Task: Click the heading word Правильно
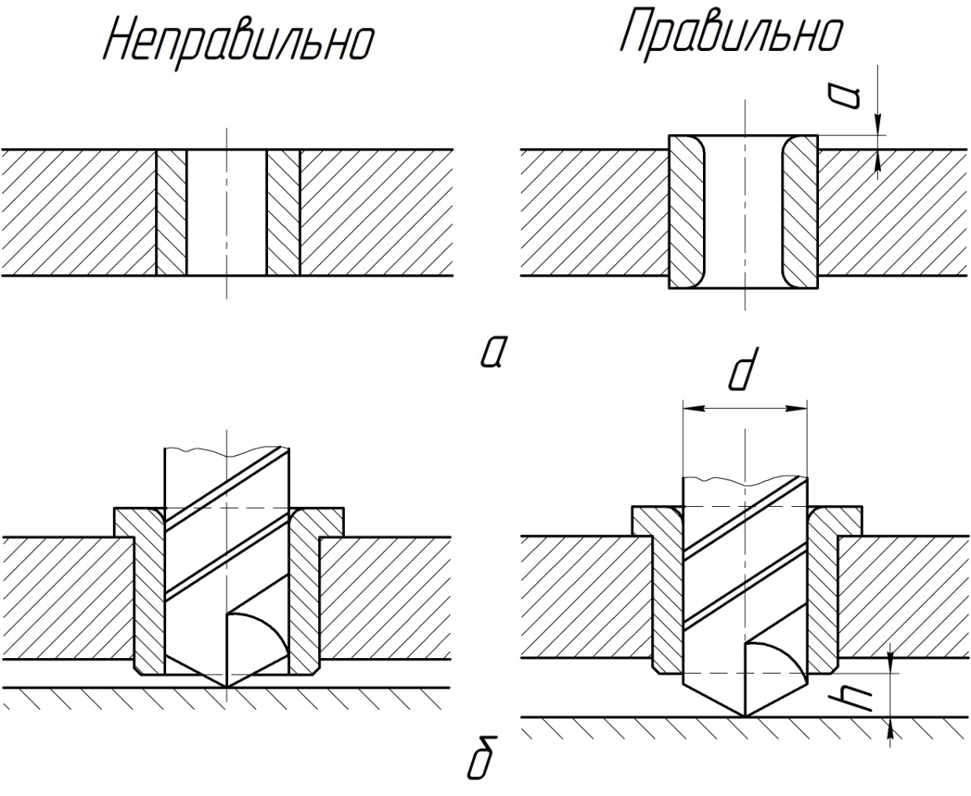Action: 732,34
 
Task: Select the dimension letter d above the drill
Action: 743,369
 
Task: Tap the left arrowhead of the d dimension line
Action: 694,408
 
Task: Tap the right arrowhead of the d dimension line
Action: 797,408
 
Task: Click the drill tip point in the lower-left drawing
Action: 226,687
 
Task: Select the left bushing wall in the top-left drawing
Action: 172,212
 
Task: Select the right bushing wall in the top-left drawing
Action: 283,212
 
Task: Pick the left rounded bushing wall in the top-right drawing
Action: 686,212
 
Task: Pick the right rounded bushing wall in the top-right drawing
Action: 800,212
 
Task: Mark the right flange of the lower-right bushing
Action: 835,521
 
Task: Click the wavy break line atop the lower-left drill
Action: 227,451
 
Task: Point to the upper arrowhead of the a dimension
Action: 878,125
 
